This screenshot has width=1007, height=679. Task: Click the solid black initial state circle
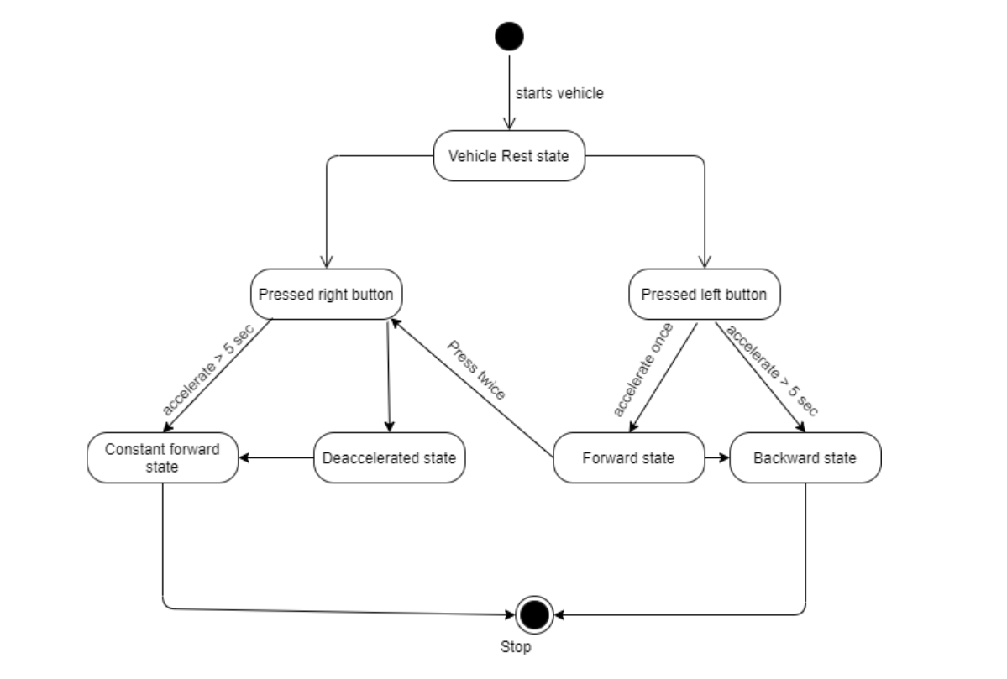click(509, 36)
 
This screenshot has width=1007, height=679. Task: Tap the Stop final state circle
click(534, 615)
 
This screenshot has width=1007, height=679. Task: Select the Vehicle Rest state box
click(509, 156)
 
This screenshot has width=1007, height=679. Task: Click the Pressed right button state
click(326, 294)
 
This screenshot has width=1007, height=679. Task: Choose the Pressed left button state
click(705, 294)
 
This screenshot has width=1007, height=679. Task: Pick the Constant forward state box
click(162, 457)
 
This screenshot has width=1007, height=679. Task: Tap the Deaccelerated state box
click(389, 457)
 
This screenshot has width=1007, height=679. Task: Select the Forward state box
click(629, 457)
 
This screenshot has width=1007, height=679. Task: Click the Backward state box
click(805, 457)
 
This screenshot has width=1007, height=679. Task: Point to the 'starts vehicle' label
click(559, 93)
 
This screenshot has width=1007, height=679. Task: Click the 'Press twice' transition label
click(476, 370)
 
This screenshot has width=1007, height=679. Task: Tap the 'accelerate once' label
click(642, 369)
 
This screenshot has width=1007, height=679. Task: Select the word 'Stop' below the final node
click(516, 646)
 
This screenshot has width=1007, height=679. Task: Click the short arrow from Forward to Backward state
click(716, 457)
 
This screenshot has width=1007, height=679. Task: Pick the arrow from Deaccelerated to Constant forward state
click(276, 457)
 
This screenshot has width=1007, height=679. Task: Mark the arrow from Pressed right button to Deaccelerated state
click(389, 375)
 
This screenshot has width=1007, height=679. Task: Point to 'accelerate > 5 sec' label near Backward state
click(771, 371)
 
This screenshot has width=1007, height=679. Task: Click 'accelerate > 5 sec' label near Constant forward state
click(208, 369)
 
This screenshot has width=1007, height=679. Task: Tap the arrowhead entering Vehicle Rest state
click(509, 124)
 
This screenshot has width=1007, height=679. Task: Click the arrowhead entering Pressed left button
click(705, 262)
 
